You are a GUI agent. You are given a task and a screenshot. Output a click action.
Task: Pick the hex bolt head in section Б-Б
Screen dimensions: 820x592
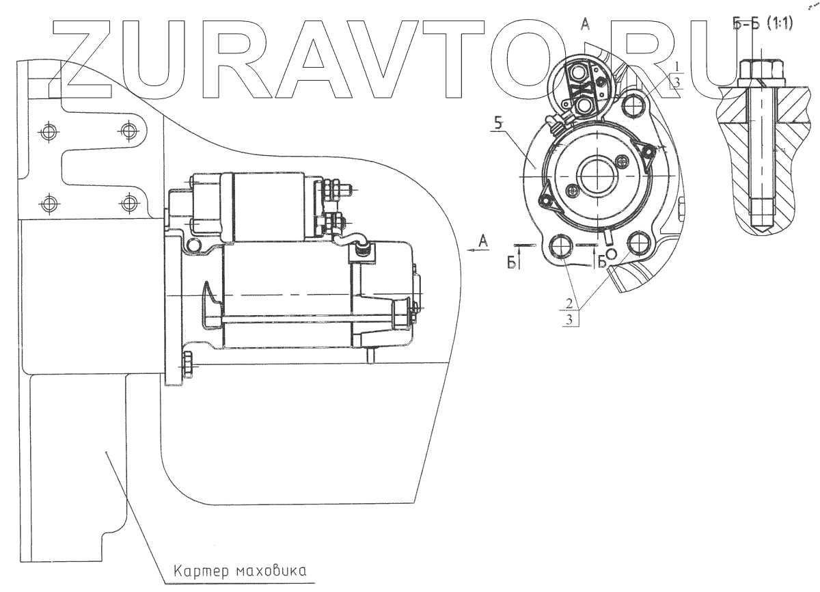[x=761, y=70]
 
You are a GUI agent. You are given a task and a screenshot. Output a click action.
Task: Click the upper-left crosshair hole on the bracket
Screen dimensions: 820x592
[x=47, y=131]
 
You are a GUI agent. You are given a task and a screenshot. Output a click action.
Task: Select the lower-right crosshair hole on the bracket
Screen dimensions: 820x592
[x=128, y=202]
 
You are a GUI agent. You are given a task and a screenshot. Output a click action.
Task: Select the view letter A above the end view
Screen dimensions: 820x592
[x=585, y=25]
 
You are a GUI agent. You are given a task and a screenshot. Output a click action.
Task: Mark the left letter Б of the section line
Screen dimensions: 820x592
[x=511, y=265]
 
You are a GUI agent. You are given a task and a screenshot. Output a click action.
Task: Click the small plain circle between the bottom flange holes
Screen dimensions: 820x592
[x=611, y=254]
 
